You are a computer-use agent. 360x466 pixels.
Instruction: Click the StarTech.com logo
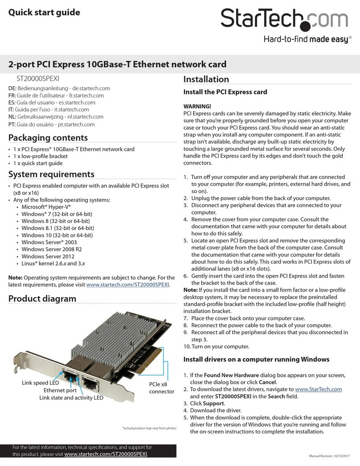coord(284,20)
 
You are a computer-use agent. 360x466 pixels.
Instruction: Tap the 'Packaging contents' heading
coord(48,137)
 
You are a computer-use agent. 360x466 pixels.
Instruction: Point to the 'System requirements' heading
coord(52,173)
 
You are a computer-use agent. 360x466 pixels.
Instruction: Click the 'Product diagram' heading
coord(42,298)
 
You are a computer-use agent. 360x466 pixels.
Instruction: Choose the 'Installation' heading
coord(206,79)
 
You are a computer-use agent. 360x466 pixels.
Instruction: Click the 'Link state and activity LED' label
coord(71,397)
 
